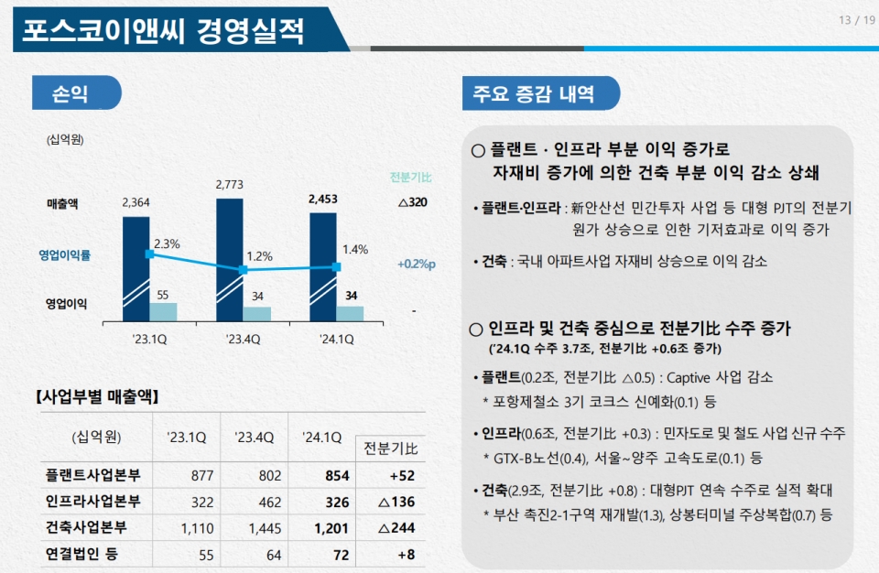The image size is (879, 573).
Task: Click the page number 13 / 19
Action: pyautogui.click(x=856, y=20)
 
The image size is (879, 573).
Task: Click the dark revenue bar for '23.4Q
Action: pyautogui.click(x=230, y=256)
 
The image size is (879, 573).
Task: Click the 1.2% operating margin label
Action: pyautogui.click(x=259, y=256)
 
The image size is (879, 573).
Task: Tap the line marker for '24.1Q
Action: pyautogui.click(x=336, y=267)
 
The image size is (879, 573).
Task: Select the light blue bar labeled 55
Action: pyautogui.click(x=163, y=311)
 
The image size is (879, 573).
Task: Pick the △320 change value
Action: pyautogui.click(x=413, y=202)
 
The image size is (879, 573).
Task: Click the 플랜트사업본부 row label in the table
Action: pyautogui.click(x=100, y=476)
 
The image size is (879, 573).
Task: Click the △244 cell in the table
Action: pyautogui.click(x=395, y=527)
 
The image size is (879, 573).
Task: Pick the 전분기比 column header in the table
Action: pyautogui.click(x=391, y=449)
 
